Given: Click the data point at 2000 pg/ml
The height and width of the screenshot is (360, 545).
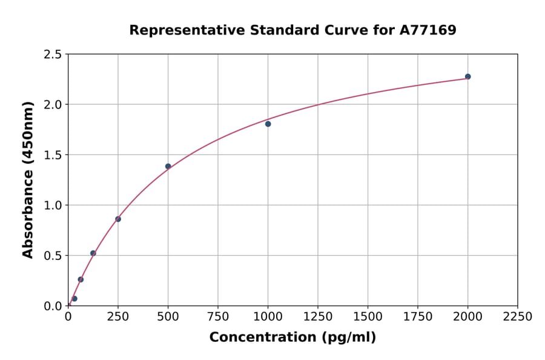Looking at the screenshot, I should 467,76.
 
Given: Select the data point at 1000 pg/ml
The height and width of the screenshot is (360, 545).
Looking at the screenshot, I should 268,124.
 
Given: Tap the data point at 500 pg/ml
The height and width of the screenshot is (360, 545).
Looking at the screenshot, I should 168,166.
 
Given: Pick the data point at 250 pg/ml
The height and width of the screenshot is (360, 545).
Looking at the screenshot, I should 118,219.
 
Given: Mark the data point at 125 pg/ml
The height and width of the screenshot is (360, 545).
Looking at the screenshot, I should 93,253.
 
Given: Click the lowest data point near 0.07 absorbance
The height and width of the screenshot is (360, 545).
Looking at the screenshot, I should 74,299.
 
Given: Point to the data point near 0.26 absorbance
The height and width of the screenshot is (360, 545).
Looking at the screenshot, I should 81,279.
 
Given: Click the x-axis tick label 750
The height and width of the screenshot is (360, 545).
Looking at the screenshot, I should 218,317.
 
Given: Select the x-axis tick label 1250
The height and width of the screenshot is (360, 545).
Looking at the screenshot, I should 318,317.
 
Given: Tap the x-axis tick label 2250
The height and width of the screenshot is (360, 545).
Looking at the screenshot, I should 518,317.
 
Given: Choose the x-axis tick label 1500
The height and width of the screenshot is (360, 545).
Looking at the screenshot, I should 368,317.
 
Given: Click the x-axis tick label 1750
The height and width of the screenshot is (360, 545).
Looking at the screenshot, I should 418,317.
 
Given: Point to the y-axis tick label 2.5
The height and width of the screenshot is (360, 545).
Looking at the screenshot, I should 52,55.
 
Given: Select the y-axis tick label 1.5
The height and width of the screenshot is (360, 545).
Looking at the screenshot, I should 52,155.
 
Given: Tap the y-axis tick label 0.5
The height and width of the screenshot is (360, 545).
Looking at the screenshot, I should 52,256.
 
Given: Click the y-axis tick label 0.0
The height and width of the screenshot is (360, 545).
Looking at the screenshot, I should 52,306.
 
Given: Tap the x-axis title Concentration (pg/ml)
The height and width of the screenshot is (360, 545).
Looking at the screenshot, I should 292,338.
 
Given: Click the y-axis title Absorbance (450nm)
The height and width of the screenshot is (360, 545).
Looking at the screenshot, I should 28,179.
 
